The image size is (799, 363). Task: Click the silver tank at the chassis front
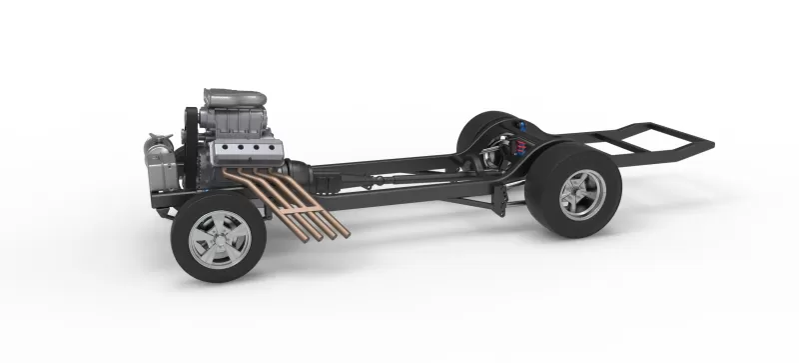pos(158,160)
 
